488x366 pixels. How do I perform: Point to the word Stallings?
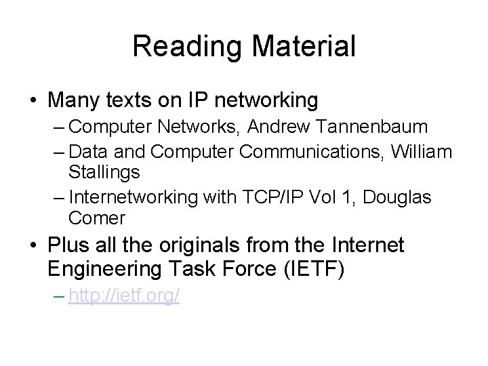pos(104,172)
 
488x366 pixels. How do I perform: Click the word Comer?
pos(97,218)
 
